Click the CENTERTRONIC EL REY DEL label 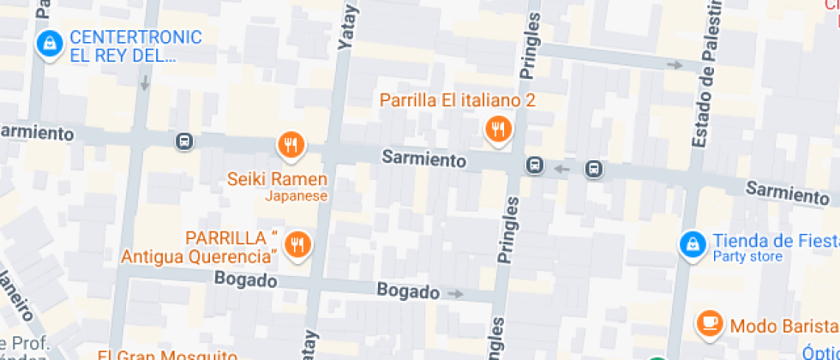pos(135,46)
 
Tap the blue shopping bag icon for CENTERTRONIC pos(50,44)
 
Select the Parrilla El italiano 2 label pos(458,100)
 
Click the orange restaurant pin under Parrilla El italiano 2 pos(498,129)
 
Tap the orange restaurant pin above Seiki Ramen pos(291,145)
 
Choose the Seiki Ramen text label pos(277,179)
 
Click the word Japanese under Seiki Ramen pos(296,195)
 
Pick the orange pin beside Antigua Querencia pos(297,243)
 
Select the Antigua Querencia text pos(199,255)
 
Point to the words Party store pos(747,256)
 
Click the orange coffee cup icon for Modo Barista pos(709,323)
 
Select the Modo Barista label pos(783,326)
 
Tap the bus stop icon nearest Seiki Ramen pos(183,141)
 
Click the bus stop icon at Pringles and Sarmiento pos(535,165)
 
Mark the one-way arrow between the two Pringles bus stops pos(562,168)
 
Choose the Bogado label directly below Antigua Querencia pos(245,280)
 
